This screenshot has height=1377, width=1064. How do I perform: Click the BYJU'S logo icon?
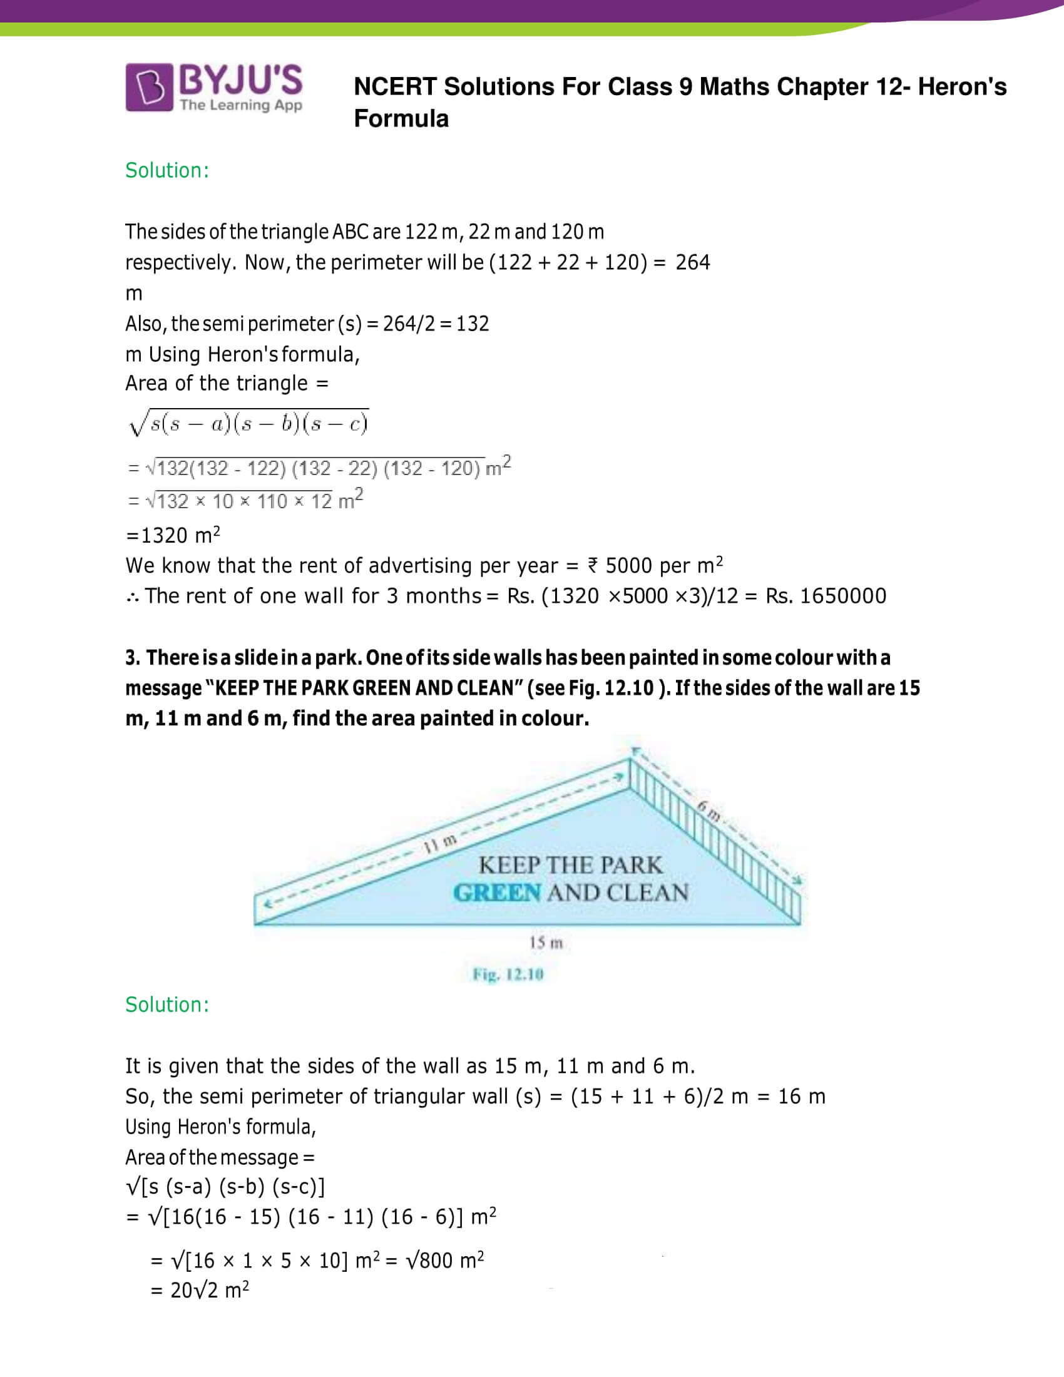pyautogui.click(x=149, y=88)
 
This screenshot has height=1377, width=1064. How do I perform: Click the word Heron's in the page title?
pyautogui.click(x=962, y=87)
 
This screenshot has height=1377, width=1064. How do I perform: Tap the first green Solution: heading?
pyautogui.click(x=167, y=170)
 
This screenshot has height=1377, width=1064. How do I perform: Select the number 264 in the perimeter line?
pyautogui.click(x=692, y=262)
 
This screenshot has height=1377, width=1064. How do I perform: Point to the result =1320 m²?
pyautogui.click(x=173, y=535)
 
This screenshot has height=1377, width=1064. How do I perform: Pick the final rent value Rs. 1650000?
pyautogui.click(x=826, y=596)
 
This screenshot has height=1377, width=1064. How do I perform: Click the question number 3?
pyautogui.click(x=131, y=658)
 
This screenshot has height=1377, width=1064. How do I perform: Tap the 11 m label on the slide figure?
pyautogui.click(x=440, y=842)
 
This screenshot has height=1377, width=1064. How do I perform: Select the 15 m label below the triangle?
pyautogui.click(x=546, y=943)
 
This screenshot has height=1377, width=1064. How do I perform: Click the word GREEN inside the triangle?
pyautogui.click(x=497, y=893)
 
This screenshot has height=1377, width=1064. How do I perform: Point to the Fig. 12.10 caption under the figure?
pyautogui.click(x=508, y=975)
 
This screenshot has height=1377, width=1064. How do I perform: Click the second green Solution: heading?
pyautogui.click(x=167, y=1005)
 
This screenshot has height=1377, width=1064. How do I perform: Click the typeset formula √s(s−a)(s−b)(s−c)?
pyautogui.click(x=248, y=423)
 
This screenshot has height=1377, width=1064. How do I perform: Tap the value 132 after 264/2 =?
pyautogui.click(x=473, y=324)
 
